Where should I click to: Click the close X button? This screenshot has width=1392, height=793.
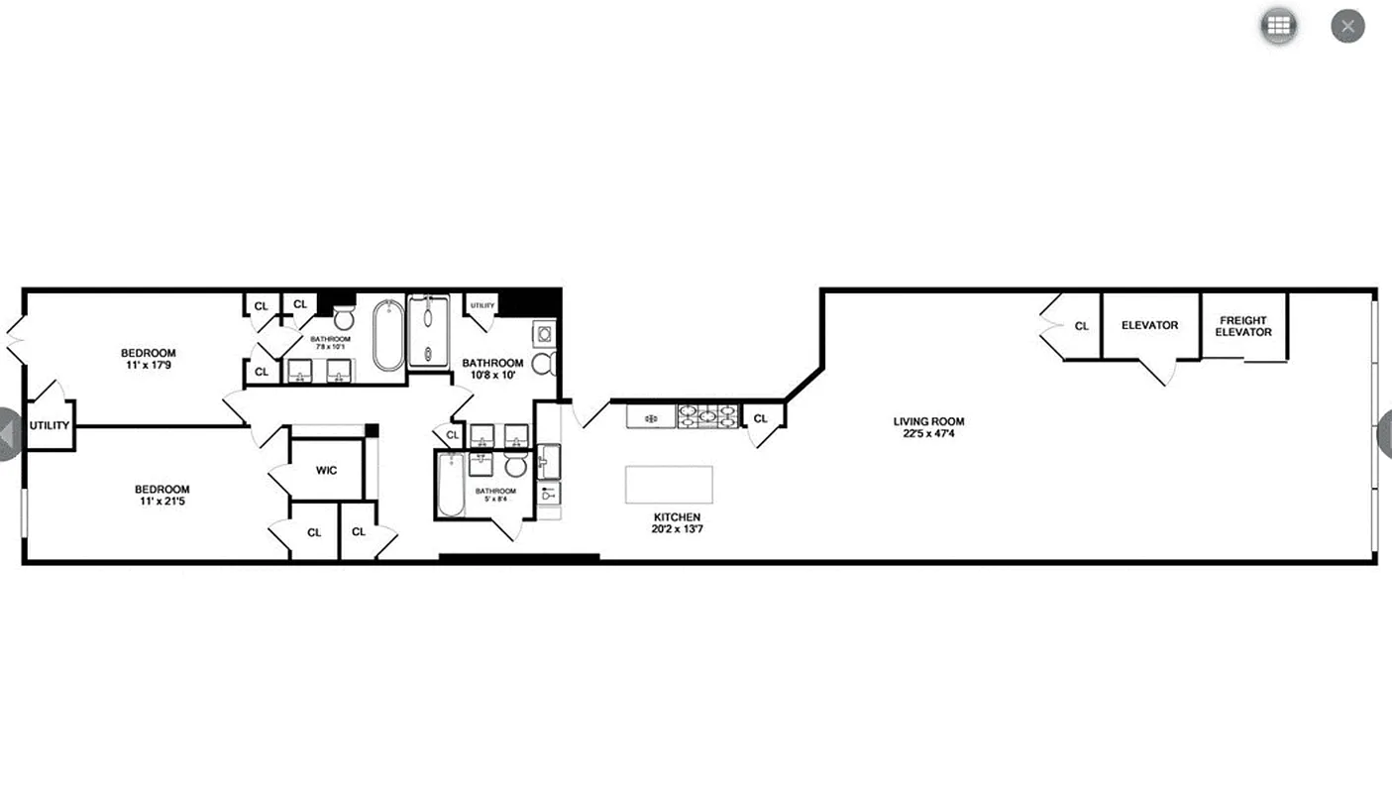pyautogui.click(x=1347, y=26)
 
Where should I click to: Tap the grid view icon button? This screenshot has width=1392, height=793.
pyautogui.click(x=1279, y=26)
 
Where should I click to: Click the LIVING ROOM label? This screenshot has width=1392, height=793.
pyautogui.click(x=928, y=421)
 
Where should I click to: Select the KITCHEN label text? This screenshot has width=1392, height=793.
pyautogui.click(x=677, y=517)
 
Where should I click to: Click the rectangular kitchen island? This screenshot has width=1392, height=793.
pyautogui.click(x=669, y=485)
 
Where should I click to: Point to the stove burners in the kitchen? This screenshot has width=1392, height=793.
pyautogui.click(x=707, y=415)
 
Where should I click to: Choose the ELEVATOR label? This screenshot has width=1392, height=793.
pyautogui.click(x=1149, y=325)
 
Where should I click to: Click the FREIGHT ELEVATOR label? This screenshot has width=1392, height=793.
pyautogui.click(x=1243, y=326)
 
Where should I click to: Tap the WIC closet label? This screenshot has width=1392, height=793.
pyautogui.click(x=327, y=470)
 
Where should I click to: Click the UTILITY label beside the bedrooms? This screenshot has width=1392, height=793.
pyautogui.click(x=49, y=426)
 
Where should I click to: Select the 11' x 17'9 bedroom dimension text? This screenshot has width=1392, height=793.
pyautogui.click(x=149, y=366)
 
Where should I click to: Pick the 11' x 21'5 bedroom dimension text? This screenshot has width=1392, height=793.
pyautogui.click(x=162, y=502)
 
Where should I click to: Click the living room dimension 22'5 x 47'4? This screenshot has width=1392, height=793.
pyautogui.click(x=928, y=434)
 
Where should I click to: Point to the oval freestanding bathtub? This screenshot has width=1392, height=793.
pyautogui.click(x=388, y=336)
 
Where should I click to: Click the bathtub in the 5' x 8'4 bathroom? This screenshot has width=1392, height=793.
pyautogui.click(x=451, y=486)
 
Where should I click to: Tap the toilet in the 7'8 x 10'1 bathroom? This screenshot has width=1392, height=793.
pyautogui.click(x=344, y=317)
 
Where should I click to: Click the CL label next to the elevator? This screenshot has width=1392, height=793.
pyautogui.click(x=1082, y=326)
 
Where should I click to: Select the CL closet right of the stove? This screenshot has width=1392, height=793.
pyautogui.click(x=761, y=418)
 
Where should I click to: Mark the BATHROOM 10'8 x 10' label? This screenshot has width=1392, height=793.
pyautogui.click(x=492, y=369)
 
